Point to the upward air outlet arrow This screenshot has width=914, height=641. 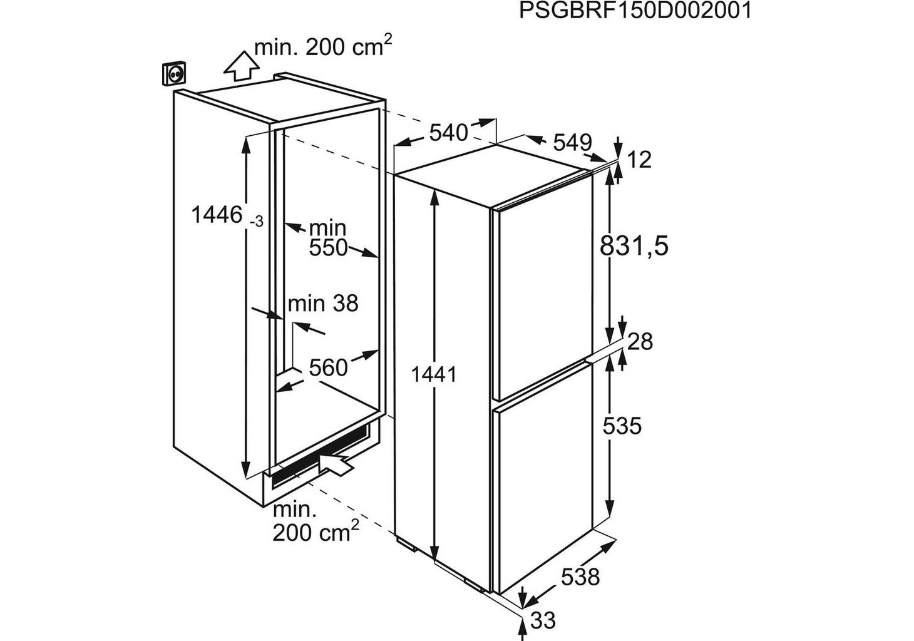241,66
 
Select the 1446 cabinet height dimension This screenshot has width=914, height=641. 217,215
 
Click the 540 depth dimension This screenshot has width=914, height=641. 448,133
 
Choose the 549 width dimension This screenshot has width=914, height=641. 572,142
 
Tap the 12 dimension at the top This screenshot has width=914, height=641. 639,160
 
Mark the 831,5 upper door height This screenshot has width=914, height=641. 634,247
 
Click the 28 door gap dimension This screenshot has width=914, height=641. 640,342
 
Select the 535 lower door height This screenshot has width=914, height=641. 622,426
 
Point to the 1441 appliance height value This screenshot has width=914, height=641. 433,374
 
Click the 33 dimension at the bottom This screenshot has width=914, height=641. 543,620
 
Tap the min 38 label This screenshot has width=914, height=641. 323,304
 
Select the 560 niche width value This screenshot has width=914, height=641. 328,367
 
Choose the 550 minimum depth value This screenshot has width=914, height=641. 328,248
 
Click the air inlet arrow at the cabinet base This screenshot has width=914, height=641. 337,463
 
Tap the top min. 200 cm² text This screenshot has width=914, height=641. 323,46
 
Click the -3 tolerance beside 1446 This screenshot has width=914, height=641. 257,222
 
